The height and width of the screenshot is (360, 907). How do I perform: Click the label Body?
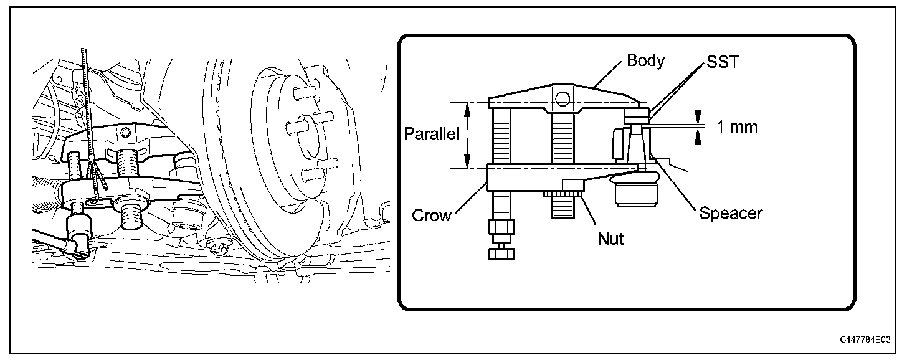point(645,61)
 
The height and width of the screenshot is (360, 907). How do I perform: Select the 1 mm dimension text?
point(736,127)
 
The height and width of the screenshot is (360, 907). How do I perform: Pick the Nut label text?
point(610,238)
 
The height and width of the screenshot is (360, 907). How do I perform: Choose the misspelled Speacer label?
point(731,213)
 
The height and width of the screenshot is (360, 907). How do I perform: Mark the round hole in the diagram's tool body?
point(564,98)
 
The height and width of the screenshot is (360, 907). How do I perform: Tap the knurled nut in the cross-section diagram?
point(563,196)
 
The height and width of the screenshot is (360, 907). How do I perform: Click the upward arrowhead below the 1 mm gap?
point(698,138)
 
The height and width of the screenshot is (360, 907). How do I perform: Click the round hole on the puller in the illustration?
point(126,132)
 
